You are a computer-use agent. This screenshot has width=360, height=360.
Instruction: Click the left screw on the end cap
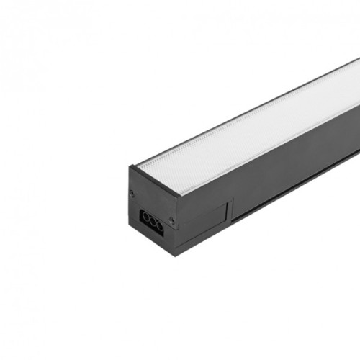(x=132, y=192)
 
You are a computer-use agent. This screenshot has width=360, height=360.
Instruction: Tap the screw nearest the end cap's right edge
(x=171, y=220)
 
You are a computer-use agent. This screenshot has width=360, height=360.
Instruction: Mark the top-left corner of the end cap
(x=130, y=167)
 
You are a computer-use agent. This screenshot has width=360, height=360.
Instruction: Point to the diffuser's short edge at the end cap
(x=155, y=180)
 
